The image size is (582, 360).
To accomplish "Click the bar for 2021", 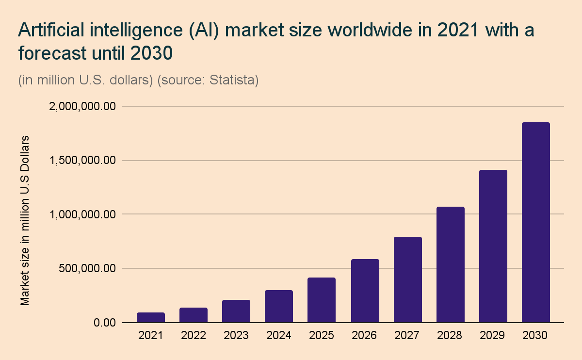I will pos(151,317).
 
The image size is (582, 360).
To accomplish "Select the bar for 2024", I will pos(279,306).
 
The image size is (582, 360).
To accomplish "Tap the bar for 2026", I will pos(365,291).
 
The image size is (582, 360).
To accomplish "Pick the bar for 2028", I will pos(451,264).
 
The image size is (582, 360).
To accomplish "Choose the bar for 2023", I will pos(236,311).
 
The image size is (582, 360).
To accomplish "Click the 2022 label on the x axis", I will pos(193,336).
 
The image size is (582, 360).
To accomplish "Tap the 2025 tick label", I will pos(321,336).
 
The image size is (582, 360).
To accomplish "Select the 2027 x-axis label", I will pos(407,336).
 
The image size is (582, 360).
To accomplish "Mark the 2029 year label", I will pos(493,336).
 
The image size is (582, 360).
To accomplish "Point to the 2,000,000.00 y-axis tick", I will pos(82,106).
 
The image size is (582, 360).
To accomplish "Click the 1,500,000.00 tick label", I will pos(82,160).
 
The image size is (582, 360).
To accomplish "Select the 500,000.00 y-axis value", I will pos(87,268).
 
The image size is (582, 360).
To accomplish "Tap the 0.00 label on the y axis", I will pos(105,323).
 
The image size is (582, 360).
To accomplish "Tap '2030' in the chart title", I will pos(151,53).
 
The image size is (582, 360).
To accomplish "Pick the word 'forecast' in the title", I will pos(50,53).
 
